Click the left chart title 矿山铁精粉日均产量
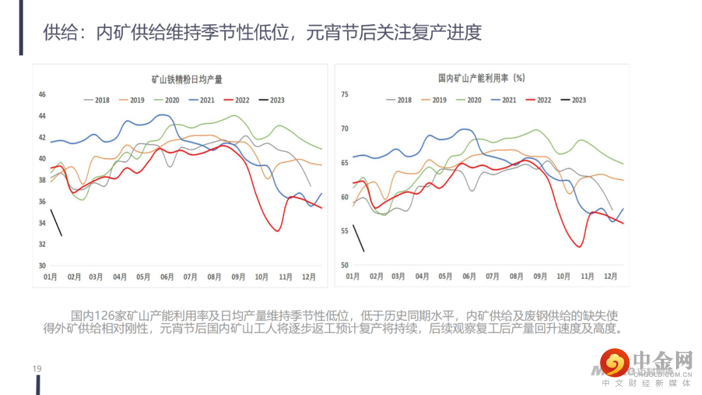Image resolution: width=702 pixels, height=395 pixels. coord(187,80)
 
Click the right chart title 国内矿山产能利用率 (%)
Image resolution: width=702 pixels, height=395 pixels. coord(481,78)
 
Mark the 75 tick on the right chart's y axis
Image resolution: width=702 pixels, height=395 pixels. coord(344,95)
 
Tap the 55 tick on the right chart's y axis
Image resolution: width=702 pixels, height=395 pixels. coord(344,231)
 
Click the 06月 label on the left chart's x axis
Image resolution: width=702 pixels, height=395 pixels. coord(167,277)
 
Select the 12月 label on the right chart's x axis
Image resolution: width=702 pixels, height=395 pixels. coord(611,276)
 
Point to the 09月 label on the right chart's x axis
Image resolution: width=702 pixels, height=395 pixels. coord(540,276)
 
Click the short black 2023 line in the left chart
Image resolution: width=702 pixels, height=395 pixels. coord(56,222)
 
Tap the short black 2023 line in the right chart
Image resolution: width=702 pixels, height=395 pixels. coord(358,238)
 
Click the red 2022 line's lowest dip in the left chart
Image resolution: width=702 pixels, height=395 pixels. coord(278,231)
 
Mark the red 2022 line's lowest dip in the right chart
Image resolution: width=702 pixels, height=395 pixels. coord(579,246)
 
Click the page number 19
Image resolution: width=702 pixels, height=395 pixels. coord(37,369)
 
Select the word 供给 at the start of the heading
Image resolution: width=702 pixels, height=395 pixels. coord(56,32)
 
